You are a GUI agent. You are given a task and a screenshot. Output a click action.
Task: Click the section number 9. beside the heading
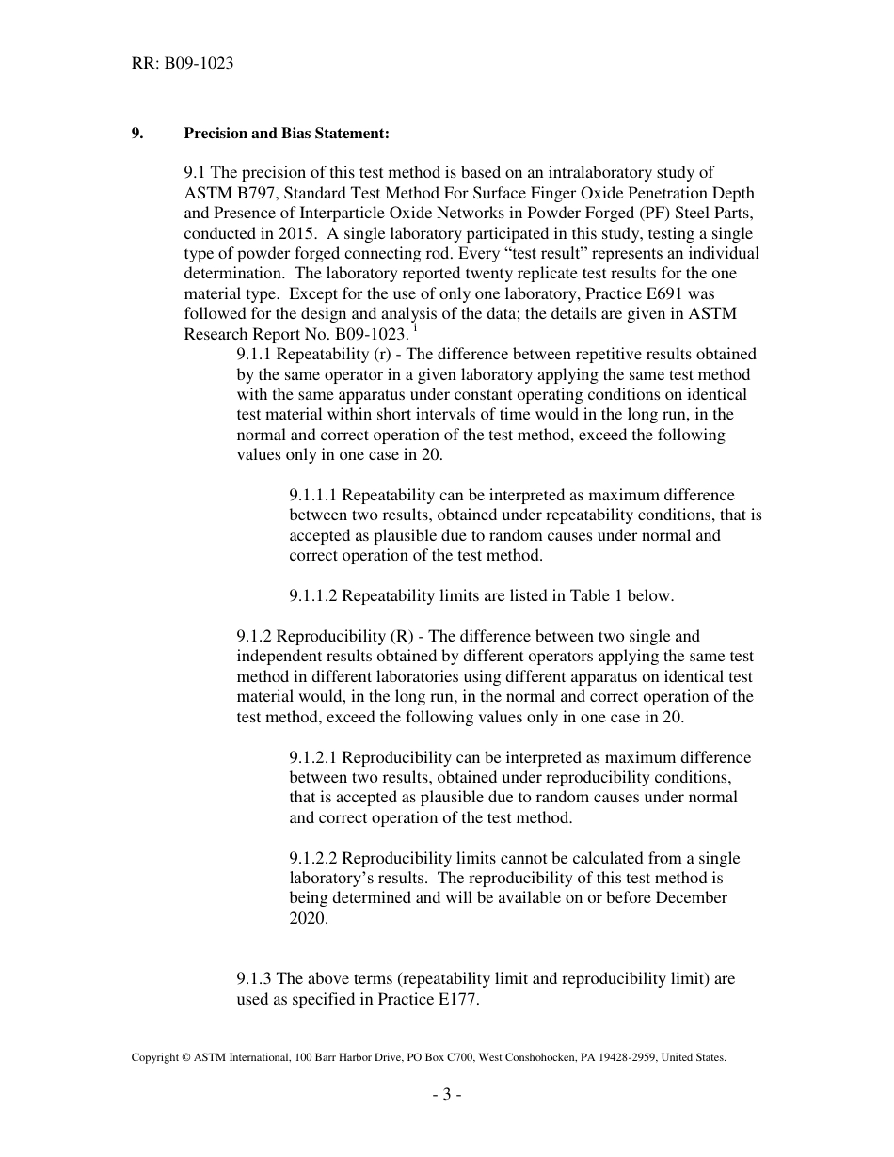tap(137, 134)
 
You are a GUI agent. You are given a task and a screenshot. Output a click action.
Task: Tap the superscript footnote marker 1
tap(405, 329)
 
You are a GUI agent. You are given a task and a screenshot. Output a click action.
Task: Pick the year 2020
tap(309, 918)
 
